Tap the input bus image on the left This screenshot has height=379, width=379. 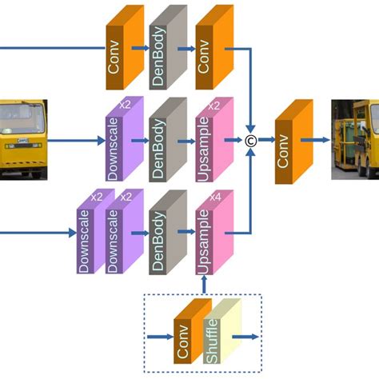click(x=23, y=139)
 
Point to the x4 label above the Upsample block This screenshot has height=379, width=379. click(x=214, y=197)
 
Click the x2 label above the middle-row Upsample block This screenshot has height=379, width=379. click(x=214, y=105)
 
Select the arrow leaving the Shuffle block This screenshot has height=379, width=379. click(x=248, y=337)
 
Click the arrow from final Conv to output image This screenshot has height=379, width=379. click(x=318, y=142)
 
